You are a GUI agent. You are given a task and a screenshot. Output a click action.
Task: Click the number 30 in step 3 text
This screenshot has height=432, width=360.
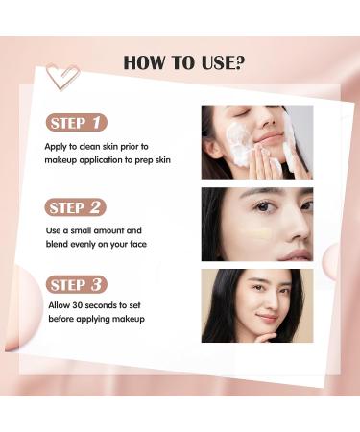point(77,306)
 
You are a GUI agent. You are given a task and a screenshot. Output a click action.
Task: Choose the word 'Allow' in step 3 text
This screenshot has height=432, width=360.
point(57,306)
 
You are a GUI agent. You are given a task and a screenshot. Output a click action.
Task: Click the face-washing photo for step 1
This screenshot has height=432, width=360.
point(256,141)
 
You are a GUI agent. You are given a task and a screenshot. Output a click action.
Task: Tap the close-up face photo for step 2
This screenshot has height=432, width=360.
point(256,223)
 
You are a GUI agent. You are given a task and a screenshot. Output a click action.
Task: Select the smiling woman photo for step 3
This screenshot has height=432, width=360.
point(256,304)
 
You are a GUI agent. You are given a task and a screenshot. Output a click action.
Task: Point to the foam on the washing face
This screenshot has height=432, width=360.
point(239,144)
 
